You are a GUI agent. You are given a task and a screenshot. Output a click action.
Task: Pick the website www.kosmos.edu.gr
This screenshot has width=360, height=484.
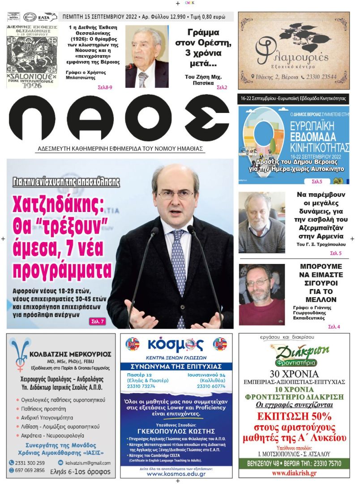coord(176,474)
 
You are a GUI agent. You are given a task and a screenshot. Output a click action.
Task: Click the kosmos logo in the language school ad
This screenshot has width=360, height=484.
coord(176,345)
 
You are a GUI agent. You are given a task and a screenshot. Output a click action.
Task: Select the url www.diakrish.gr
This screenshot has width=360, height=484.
coord(294,473)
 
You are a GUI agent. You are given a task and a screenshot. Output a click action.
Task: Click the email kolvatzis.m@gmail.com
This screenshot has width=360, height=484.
coord(88,462)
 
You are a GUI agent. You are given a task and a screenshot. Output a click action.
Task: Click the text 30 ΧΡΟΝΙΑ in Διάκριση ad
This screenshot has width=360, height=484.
coord(294,373)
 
